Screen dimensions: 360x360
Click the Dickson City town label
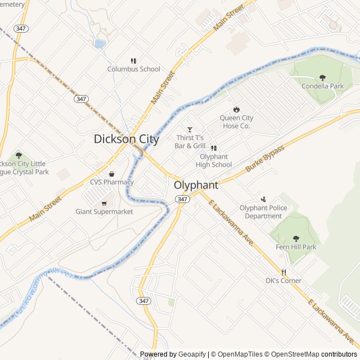pyautogui.click(x=127, y=139)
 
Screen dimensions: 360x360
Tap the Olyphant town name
pyautogui.click(x=196, y=185)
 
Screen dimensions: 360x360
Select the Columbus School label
pyautogui.click(x=134, y=69)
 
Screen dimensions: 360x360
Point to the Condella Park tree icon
pyautogui.click(x=322, y=78)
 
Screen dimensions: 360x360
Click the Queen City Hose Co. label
pyautogui.click(x=236, y=122)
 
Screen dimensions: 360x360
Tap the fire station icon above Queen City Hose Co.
pyautogui.click(x=236, y=109)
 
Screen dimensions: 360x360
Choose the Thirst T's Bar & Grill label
pyautogui.click(x=189, y=142)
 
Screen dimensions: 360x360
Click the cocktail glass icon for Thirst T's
pyautogui.click(x=190, y=129)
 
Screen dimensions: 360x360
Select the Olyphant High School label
pyautogui.click(x=214, y=160)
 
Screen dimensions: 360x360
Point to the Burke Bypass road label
pyautogui.click(x=265, y=159)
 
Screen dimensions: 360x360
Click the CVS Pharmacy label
pyautogui.click(x=111, y=182)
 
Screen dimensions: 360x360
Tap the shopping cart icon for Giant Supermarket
pyautogui.click(x=104, y=203)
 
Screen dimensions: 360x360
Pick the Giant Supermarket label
pyautogui.click(x=105, y=211)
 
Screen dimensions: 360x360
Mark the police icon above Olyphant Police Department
pyautogui.click(x=263, y=199)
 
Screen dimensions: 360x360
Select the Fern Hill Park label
pyautogui.click(x=296, y=247)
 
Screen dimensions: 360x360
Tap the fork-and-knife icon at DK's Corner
pyautogui.click(x=283, y=272)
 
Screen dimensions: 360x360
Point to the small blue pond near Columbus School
pyautogui.click(x=100, y=43)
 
